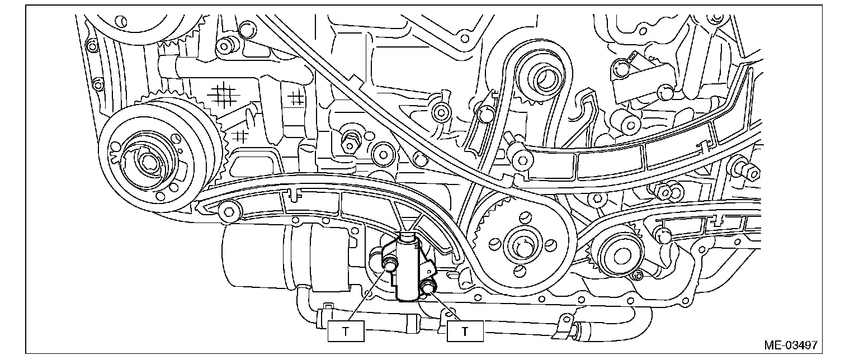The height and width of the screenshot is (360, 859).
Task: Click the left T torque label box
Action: click(345, 331)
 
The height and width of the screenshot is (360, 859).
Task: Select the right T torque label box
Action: click(464, 331)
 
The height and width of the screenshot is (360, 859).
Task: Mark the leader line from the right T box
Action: click(448, 307)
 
